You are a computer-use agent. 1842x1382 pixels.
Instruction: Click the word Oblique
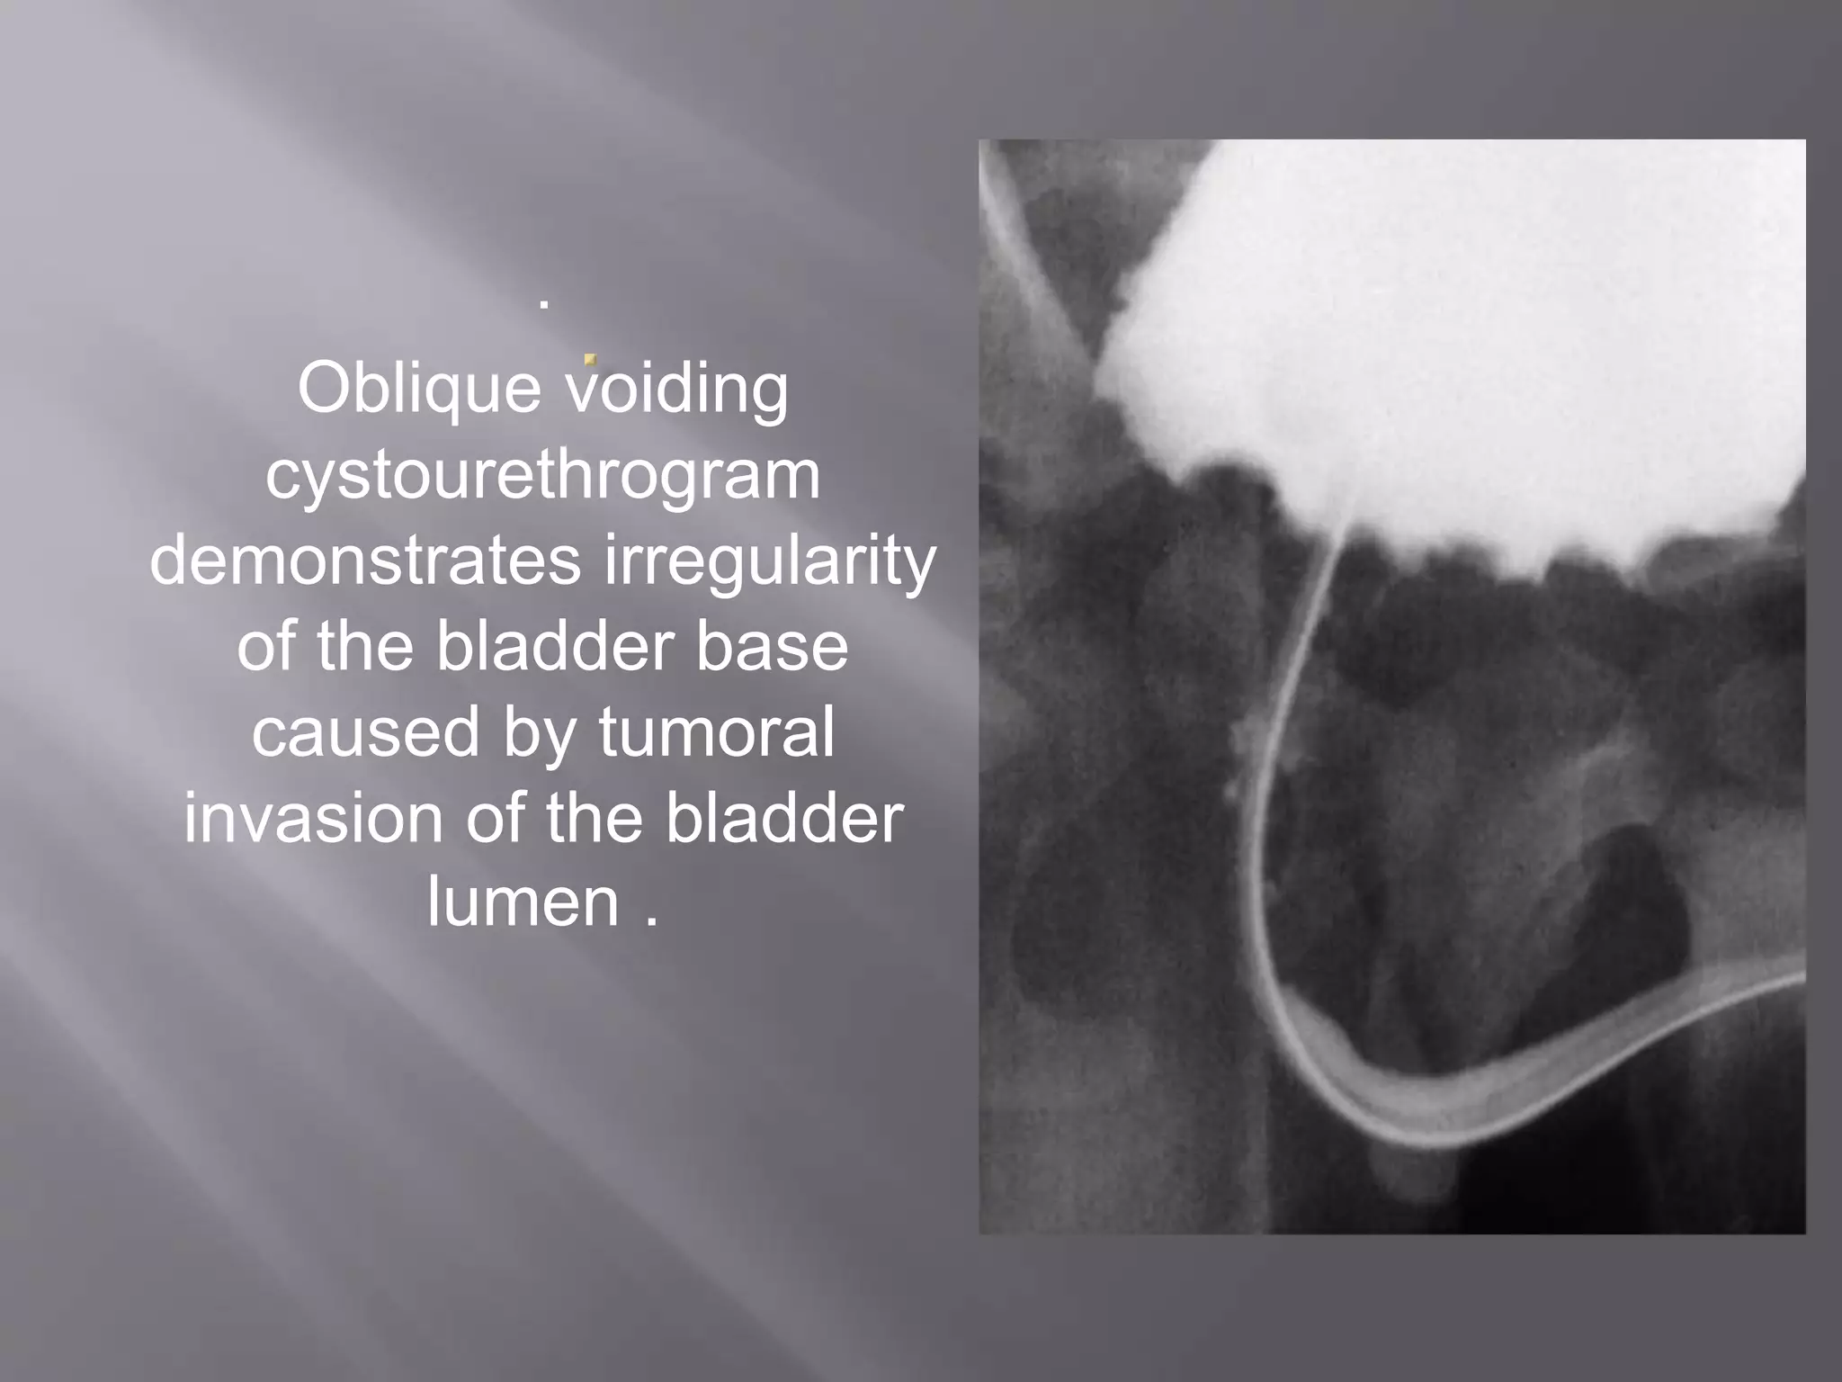pos(419,390)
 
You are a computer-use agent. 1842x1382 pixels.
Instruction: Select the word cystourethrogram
pos(542,476)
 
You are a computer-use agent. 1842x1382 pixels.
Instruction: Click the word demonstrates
pos(365,561)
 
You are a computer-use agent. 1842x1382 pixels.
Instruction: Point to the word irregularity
pos(770,561)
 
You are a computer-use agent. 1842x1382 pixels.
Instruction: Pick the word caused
pos(365,731)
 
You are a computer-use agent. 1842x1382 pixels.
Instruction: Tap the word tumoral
pos(716,731)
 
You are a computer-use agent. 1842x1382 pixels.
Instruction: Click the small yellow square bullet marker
pos(590,359)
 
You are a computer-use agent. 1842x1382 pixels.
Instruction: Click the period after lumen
pos(652,921)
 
